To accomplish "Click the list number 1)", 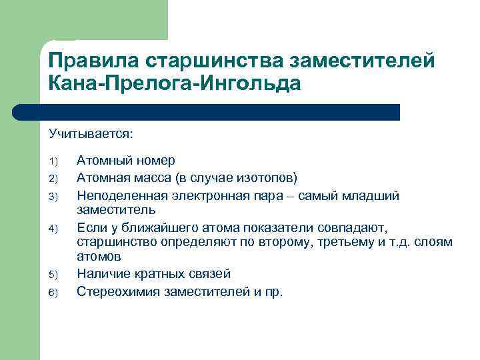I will (54, 161).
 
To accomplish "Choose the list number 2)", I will (54, 178).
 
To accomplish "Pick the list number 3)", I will (54, 195).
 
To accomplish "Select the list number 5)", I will (54, 275).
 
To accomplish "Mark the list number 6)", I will (54, 291).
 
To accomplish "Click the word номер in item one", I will (155, 161).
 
